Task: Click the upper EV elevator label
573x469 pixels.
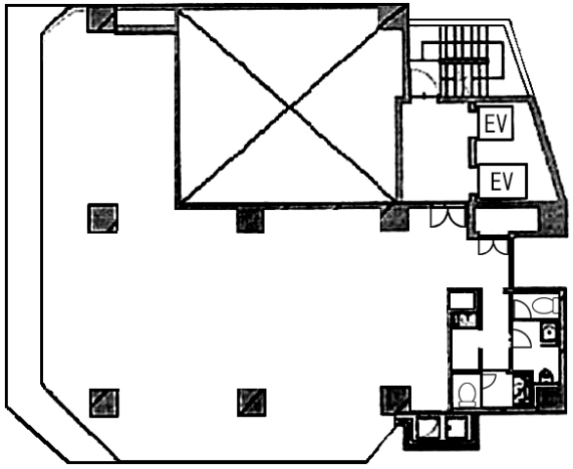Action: click(x=496, y=124)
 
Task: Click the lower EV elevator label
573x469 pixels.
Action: click(x=502, y=182)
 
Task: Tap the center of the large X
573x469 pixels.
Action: click(x=290, y=107)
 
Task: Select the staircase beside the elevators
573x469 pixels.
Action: click(x=465, y=61)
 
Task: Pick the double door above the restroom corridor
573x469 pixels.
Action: click(x=493, y=247)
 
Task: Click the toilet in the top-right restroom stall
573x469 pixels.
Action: click(x=545, y=306)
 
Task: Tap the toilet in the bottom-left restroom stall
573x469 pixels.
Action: click(x=467, y=394)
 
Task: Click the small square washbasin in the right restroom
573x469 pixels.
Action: click(x=549, y=332)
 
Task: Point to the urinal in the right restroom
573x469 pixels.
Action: click(x=546, y=375)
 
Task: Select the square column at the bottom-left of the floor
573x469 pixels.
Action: click(x=104, y=403)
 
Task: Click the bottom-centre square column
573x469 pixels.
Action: click(x=252, y=403)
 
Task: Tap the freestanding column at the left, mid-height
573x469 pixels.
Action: click(x=102, y=219)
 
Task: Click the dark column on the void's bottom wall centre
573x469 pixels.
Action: click(x=250, y=220)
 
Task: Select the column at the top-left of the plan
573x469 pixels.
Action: click(x=101, y=21)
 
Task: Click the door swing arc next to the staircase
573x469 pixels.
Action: click(x=425, y=79)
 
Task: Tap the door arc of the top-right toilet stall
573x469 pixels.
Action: click(x=523, y=309)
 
